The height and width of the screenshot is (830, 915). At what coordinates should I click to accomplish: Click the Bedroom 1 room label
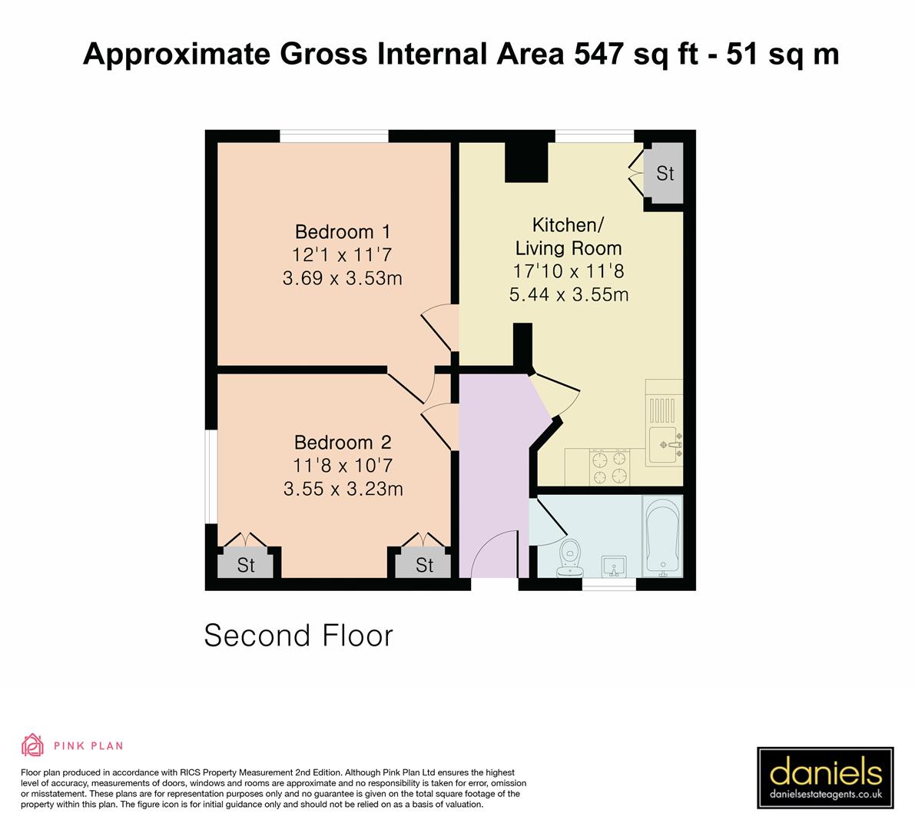(x=343, y=231)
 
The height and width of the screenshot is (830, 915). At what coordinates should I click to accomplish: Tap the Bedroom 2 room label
(x=343, y=443)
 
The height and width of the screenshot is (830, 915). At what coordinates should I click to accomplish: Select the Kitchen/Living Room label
(x=569, y=237)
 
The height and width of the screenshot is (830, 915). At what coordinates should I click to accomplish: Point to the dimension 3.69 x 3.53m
(x=343, y=278)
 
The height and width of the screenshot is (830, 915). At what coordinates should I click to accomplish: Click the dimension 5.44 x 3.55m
(x=569, y=294)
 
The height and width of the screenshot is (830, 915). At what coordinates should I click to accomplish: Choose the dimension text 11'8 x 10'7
(x=343, y=466)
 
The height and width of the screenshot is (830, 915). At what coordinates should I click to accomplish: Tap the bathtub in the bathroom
(x=661, y=536)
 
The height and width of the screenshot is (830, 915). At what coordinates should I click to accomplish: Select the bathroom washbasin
(x=614, y=566)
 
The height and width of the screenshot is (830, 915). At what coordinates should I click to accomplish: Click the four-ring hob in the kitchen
(x=607, y=468)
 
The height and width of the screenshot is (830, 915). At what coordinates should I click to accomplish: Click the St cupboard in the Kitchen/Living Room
(x=665, y=174)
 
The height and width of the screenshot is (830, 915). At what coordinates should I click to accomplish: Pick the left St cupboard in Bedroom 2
(x=245, y=566)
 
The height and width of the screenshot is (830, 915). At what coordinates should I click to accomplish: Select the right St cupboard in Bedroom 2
(x=424, y=566)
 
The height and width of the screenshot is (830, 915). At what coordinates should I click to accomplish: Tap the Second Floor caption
(x=298, y=636)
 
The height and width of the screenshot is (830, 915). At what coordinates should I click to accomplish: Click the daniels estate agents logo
(x=825, y=778)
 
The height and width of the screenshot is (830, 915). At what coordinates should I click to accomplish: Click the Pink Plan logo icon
(x=33, y=745)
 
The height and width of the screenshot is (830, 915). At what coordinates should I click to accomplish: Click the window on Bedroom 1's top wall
(x=333, y=136)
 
